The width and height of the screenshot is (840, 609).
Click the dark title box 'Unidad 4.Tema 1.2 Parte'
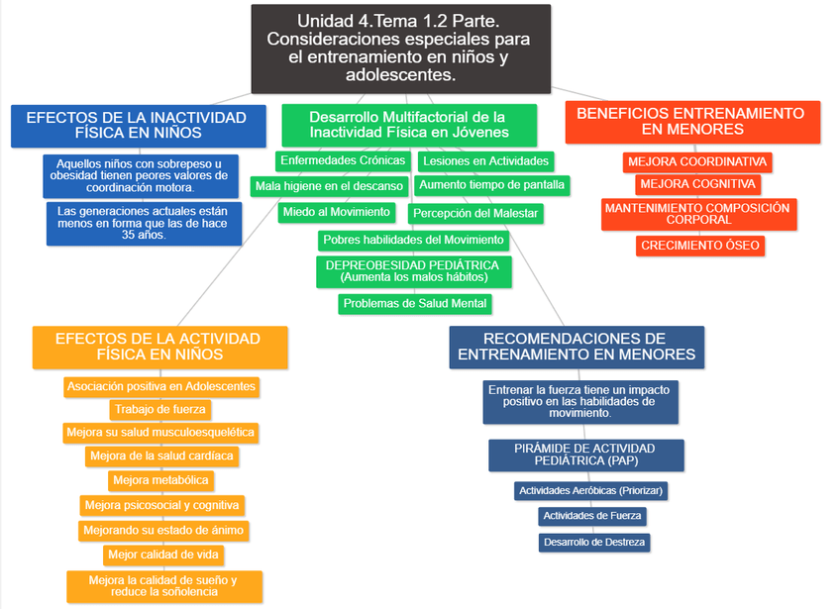tap(400, 48)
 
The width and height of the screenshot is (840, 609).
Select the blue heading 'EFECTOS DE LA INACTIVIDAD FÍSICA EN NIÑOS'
tap(138, 125)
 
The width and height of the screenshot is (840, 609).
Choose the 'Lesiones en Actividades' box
tap(485, 160)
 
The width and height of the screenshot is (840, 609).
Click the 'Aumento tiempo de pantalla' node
tap(491, 185)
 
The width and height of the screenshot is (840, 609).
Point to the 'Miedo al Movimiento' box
tap(336, 213)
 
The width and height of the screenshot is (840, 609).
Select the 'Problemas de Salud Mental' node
tap(414, 304)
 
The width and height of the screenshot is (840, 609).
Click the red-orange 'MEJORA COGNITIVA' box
tap(697, 184)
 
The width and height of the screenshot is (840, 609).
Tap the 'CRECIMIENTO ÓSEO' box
tap(700, 246)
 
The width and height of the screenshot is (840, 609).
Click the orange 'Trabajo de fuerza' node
tap(159, 409)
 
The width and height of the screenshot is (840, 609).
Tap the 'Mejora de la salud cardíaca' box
tap(160, 457)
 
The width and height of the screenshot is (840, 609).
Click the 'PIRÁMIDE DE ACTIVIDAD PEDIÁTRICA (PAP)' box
tap(585, 456)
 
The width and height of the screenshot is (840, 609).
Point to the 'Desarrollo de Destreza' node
tap(594, 542)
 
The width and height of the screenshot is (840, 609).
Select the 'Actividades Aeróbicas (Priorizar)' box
tap(590, 490)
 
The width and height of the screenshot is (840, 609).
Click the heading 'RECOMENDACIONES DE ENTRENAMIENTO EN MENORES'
tap(577, 347)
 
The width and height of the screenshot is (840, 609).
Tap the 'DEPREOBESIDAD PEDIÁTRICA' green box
tap(412, 270)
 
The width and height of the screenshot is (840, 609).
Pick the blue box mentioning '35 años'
tap(143, 224)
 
